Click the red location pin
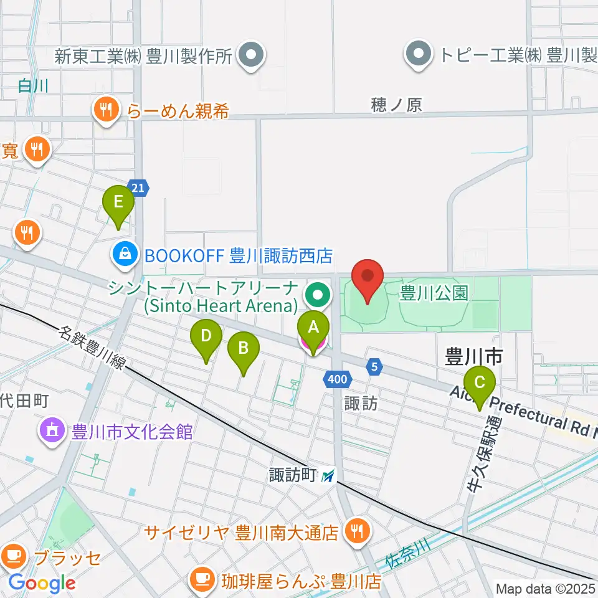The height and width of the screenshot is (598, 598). (368, 278)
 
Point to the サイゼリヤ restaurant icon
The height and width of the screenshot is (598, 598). (356, 532)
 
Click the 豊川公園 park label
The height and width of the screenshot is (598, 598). (434, 293)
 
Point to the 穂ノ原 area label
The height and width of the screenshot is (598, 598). (396, 105)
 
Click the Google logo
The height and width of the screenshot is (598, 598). (42, 583)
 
